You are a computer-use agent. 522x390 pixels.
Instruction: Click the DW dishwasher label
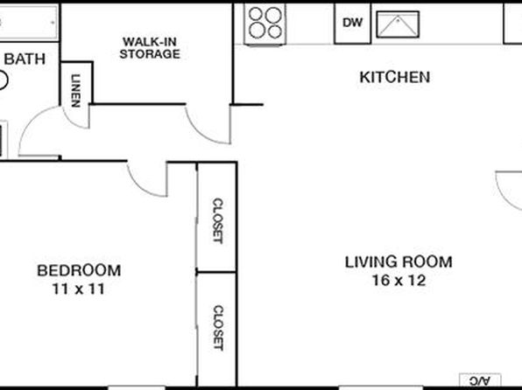pyautogui.click(x=352, y=23)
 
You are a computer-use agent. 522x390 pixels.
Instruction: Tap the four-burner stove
pyautogui.click(x=265, y=24)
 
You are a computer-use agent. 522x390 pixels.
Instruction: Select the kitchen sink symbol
pyautogui.click(x=398, y=24)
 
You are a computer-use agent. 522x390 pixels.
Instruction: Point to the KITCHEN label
pyautogui.click(x=395, y=77)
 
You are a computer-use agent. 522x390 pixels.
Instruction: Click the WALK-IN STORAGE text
pyautogui.click(x=150, y=48)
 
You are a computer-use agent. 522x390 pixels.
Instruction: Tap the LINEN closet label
pyautogui.click(x=76, y=90)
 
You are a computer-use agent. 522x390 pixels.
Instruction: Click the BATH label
pyautogui.click(x=25, y=59)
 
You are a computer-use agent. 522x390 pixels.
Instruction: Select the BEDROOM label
pyautogui.click(x=79, y=271)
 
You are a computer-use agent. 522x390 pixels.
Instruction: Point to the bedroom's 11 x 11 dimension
pyautogui.click(x=79, y=289)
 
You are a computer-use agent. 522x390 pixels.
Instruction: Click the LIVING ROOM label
pyautogui.click(x=399, y=262)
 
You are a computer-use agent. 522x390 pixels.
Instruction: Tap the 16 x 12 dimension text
pyautogui.click(x=399, y=281)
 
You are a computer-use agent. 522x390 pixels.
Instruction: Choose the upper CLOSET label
pyautogui.click(x=217, y=220)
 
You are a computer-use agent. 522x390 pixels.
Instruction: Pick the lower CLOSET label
pyautogui.click(x=218, y=328)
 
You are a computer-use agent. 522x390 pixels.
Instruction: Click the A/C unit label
pyautogui.click(x=480, y=380)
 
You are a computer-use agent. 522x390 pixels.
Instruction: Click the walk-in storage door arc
pyautogui.click(x=201, y=132)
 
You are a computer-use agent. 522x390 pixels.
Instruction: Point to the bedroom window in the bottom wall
pyautogui.click(x=137, y=387)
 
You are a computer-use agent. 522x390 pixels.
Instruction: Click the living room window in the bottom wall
pyautogui.click(x=381, y=387)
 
